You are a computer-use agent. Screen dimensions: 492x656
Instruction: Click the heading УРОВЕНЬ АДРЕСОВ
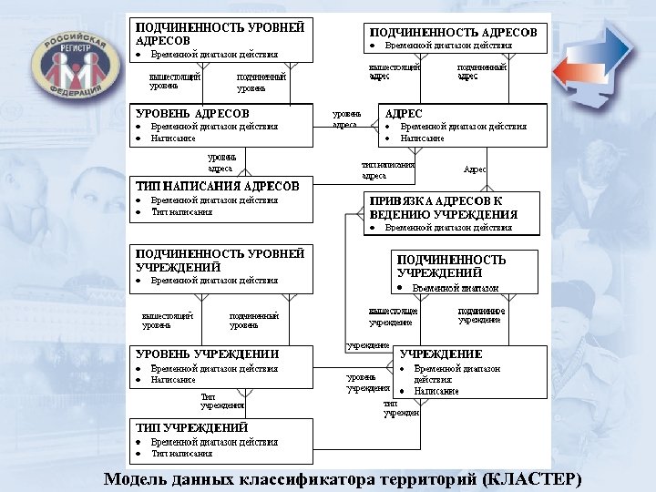pyautogui.click(x=192, y=113)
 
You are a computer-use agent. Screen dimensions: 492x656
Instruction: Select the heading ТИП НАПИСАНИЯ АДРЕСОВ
pyautogui.click(x=218, y=186)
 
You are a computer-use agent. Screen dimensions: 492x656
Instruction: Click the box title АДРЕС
pyautogui.click(x=404, y=113)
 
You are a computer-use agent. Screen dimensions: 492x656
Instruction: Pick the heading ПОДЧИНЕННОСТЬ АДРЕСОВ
pyautogui.click(x=453, y=32)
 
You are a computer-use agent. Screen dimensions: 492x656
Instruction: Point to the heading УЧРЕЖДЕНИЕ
pyautogui.click(x=441, y=354)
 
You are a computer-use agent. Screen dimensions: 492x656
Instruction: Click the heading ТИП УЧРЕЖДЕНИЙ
pyautogui.click(x=192, y=427)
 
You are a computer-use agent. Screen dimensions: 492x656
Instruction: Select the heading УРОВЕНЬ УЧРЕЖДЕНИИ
pyautogui.click(x=207, y=354)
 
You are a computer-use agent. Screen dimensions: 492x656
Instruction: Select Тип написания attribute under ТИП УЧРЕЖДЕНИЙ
pyautogui.click(x=181, y=453)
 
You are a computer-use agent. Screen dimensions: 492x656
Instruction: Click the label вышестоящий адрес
pyautogui.click(x=394, y=72)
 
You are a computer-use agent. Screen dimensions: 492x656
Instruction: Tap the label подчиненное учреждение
pyautogui.click(x=481, y=315)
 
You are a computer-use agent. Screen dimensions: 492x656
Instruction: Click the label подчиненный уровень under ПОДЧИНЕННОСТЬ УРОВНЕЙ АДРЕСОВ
pyautogui.click(x=261, y=83)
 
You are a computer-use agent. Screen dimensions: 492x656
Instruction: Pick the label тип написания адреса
pyautogui.click(x=387, y=169)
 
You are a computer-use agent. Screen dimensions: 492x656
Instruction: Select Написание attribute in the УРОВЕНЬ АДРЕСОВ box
pyautogui.click(x=173, y=138)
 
